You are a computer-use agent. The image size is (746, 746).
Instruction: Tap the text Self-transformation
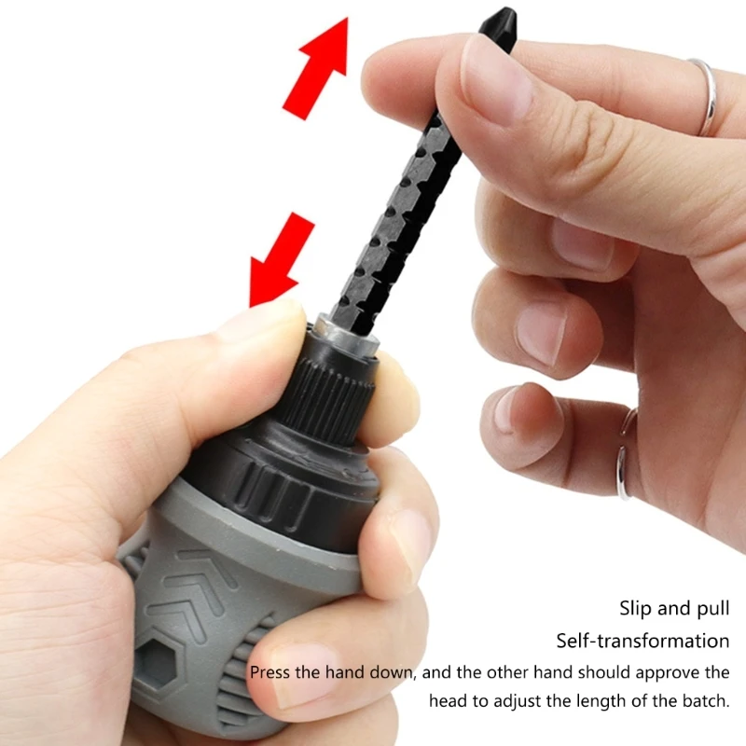point(642,641)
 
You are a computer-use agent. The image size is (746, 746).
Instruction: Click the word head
point(450,700)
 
